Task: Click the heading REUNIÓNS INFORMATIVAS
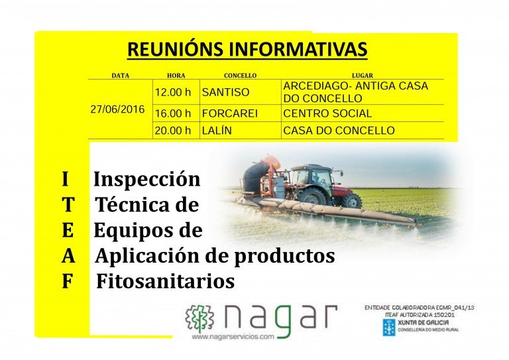[247, 49]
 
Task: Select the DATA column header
[121, 76]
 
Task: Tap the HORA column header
[176, 76]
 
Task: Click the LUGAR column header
[363, 76]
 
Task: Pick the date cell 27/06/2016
[117, 109]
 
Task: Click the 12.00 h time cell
[173, 92]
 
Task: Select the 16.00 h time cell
[173, 113]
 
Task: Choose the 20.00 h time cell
[173, 131]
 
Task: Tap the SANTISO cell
[225, 92]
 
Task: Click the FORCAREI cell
[230, 113]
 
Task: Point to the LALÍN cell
[217, 131]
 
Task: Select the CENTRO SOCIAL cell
[327, 113]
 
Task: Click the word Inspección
[147, 179]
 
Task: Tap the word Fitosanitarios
[166, 281]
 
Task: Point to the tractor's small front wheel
[352, 201]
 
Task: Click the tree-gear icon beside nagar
[199, 319]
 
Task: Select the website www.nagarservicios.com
[233, 337]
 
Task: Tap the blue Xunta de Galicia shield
[389, 327]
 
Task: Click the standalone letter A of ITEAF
[68, 257]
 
